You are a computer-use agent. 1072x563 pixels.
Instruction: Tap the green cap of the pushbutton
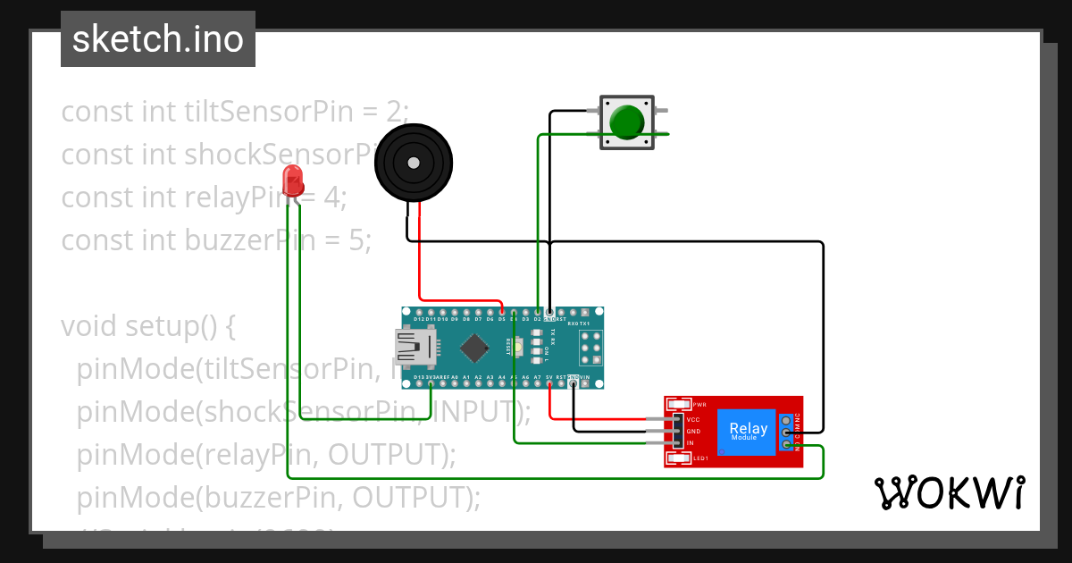click(627, 122)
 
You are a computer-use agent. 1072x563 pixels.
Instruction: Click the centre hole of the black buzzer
click(413, 163)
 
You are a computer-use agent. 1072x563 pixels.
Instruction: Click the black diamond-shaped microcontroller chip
click(473, 347)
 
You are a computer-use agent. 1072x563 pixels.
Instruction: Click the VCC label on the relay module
click(692, 419)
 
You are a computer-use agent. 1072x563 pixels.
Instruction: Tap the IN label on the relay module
click(690, 443)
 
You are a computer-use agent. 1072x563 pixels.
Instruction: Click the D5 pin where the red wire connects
click(502, 312)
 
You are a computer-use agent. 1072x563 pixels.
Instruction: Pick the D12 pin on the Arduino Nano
click(418, 312)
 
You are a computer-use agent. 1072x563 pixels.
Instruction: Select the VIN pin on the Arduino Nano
click(584, 384)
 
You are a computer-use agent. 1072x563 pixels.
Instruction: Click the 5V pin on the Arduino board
click(549, 384)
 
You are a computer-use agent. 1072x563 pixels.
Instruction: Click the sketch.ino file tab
click(158, 39)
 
